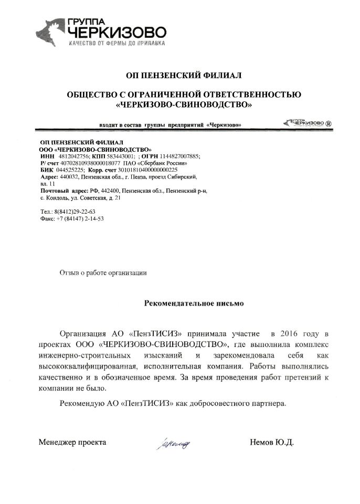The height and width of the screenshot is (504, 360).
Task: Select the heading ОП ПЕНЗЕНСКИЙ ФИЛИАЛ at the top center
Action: point(180,76)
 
